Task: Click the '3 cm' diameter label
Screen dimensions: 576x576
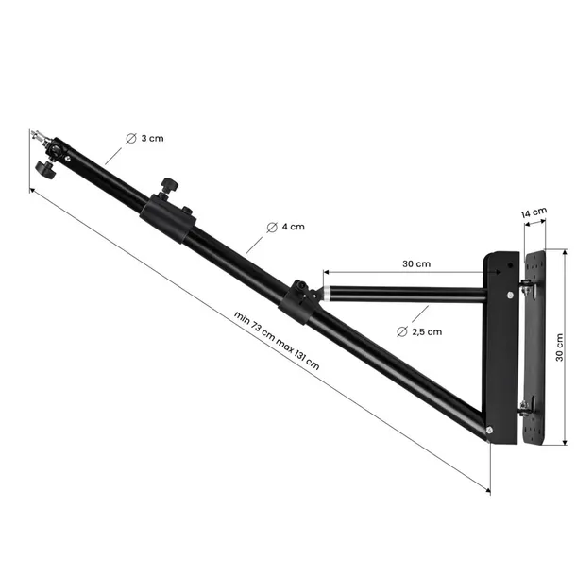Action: [x=152, y=138]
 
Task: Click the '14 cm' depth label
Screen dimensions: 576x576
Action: [x=534, y=213]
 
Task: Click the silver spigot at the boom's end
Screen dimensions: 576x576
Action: [x=39, y=136]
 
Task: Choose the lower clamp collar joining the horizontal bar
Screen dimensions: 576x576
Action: [x=299, y=300]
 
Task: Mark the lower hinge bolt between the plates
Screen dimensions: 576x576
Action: [x=525, y=406]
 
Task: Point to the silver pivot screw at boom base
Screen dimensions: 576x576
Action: [x=490, y=432]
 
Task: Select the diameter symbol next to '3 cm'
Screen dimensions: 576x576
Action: [x=130, y=138]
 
